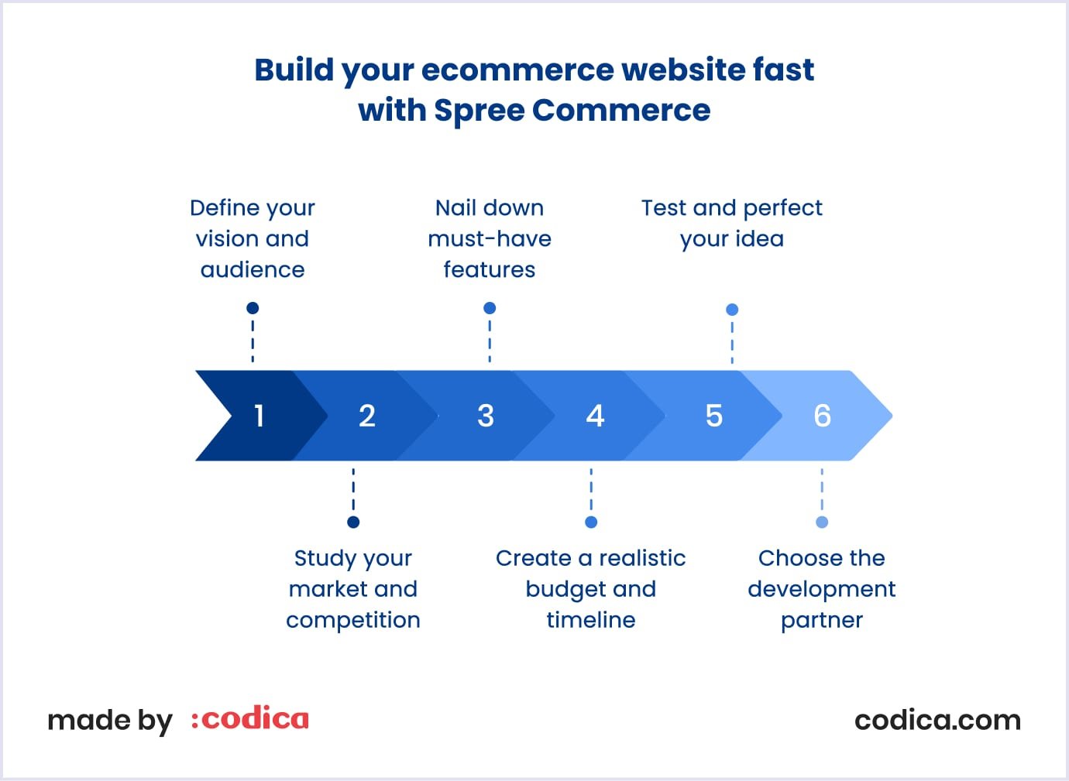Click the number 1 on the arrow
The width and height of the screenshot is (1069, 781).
click(260, 416)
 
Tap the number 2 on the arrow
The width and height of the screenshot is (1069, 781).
click(367, 416)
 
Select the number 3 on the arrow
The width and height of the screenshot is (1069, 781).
click(486, 416)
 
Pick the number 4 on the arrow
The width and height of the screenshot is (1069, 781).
click(595, 416)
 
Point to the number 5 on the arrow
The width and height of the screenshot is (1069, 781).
click(714, 416)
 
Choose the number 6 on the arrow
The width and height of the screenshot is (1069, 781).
click(822, 416)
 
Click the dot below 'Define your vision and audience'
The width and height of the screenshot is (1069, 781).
click(253, 308)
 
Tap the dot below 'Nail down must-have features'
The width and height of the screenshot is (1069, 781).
click(490, 308)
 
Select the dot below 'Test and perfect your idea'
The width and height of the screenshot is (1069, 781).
click(732, 310)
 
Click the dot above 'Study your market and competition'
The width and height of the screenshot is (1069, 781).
click(353, 522)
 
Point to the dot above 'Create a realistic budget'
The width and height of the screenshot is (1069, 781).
click(591, 522)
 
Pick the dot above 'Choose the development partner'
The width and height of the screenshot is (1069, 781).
click(822, 522)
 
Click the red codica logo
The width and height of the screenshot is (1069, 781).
click(250, 718)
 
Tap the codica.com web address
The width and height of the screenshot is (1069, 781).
click(937, 721)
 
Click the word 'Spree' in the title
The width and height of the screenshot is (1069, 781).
click(479, 111)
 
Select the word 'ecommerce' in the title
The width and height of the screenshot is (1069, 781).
click(517, 70)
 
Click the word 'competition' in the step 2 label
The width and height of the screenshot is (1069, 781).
click(353, 621)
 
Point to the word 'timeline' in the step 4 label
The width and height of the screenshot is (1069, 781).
click(591, 620)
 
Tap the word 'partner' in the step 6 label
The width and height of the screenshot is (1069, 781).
click(822, 621)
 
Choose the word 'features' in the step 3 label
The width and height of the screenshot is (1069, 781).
click(489, 269)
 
